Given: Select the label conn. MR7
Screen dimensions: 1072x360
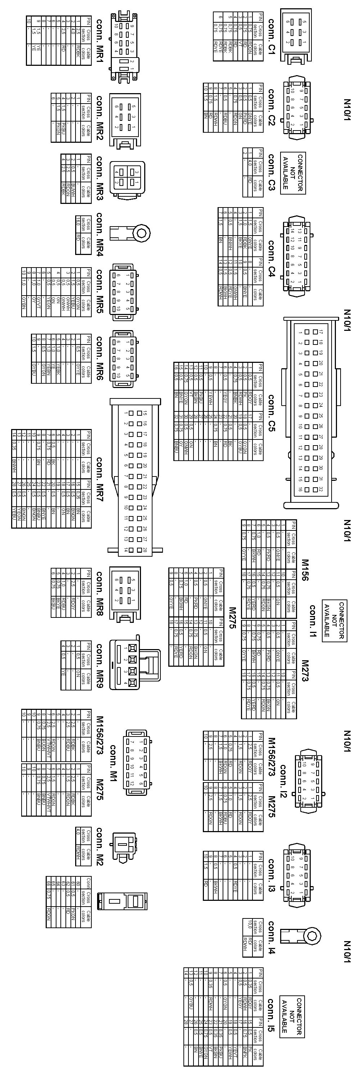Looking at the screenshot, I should click(x=100, y=479).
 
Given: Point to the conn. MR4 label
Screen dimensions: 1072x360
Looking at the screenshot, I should click(x=100, y=234).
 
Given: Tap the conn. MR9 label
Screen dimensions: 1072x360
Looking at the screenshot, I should click(x=100, y=665).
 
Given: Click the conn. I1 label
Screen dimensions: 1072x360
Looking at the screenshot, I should click(x=313, y=621).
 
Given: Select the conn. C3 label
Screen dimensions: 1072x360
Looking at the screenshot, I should click(x=272, y=172).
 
